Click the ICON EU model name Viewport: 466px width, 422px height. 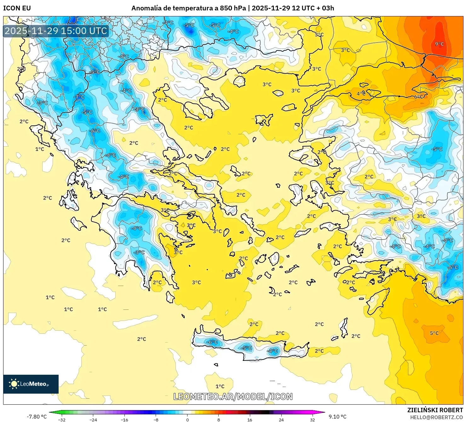(x=17, y=8)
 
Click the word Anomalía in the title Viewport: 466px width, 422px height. (x=145, y=8)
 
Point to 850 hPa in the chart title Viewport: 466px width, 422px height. (x=233, y=8)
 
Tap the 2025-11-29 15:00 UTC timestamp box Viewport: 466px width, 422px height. (x=56, y=31)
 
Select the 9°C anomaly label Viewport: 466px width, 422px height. (x=439, y=44)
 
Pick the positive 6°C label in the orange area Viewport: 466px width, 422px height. (x=419, y=96)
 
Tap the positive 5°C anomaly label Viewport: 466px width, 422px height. (x=434, y=333)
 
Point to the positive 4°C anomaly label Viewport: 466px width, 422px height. (x=361, y=94)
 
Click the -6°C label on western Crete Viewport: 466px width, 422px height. (x=212, y=342)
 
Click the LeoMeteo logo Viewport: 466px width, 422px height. (x=31, y=384)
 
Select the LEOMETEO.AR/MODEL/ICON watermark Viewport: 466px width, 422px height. (x=233, y=396)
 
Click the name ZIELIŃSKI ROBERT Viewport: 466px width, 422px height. (x=435, y=410)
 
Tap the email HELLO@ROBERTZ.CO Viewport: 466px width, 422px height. (x=436, y=417)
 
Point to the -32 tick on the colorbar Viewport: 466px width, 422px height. (x=62, y=419)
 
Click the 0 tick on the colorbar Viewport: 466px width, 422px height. (x=187, y=419)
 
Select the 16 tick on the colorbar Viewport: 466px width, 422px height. (x=250, y=419)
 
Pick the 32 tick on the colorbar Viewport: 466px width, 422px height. (x=312, y=419)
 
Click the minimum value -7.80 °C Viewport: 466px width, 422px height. (x=37, y=417)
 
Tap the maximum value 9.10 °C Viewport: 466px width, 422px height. (x=337, y=417)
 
